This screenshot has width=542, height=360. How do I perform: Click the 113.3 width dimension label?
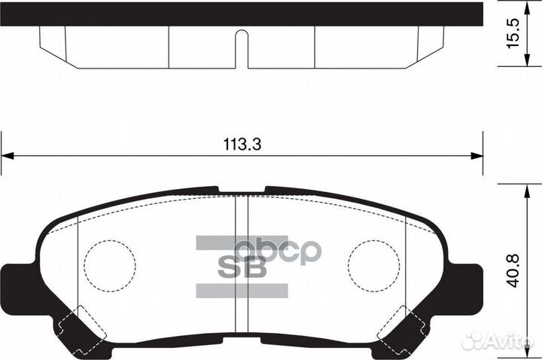242,145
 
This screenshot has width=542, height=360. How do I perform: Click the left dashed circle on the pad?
110,265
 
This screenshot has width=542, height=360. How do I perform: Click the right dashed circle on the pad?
374,265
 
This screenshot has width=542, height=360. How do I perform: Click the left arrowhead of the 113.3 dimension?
6,156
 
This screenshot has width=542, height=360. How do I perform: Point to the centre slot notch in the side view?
242,45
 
